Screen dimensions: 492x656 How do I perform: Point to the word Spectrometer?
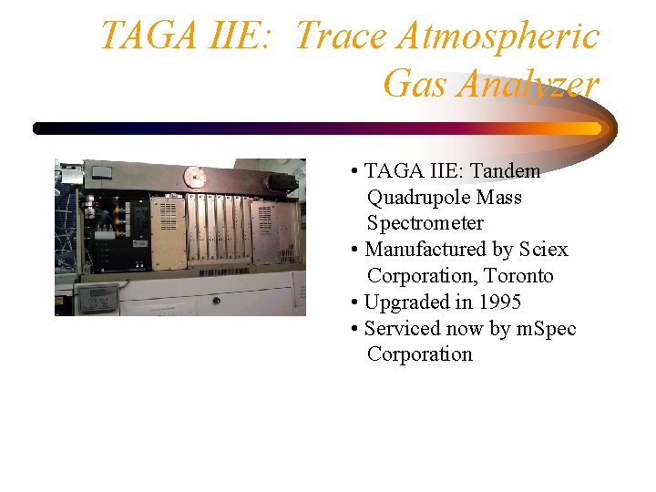coord(425,223)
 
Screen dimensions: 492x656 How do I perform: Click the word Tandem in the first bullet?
coord(505,171)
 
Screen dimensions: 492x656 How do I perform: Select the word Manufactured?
coord(425,250)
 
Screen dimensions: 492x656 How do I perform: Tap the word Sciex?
coord(543,250)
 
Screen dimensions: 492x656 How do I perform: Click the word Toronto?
coord(518,276)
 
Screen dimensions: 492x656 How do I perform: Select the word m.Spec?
coord(547,329)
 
